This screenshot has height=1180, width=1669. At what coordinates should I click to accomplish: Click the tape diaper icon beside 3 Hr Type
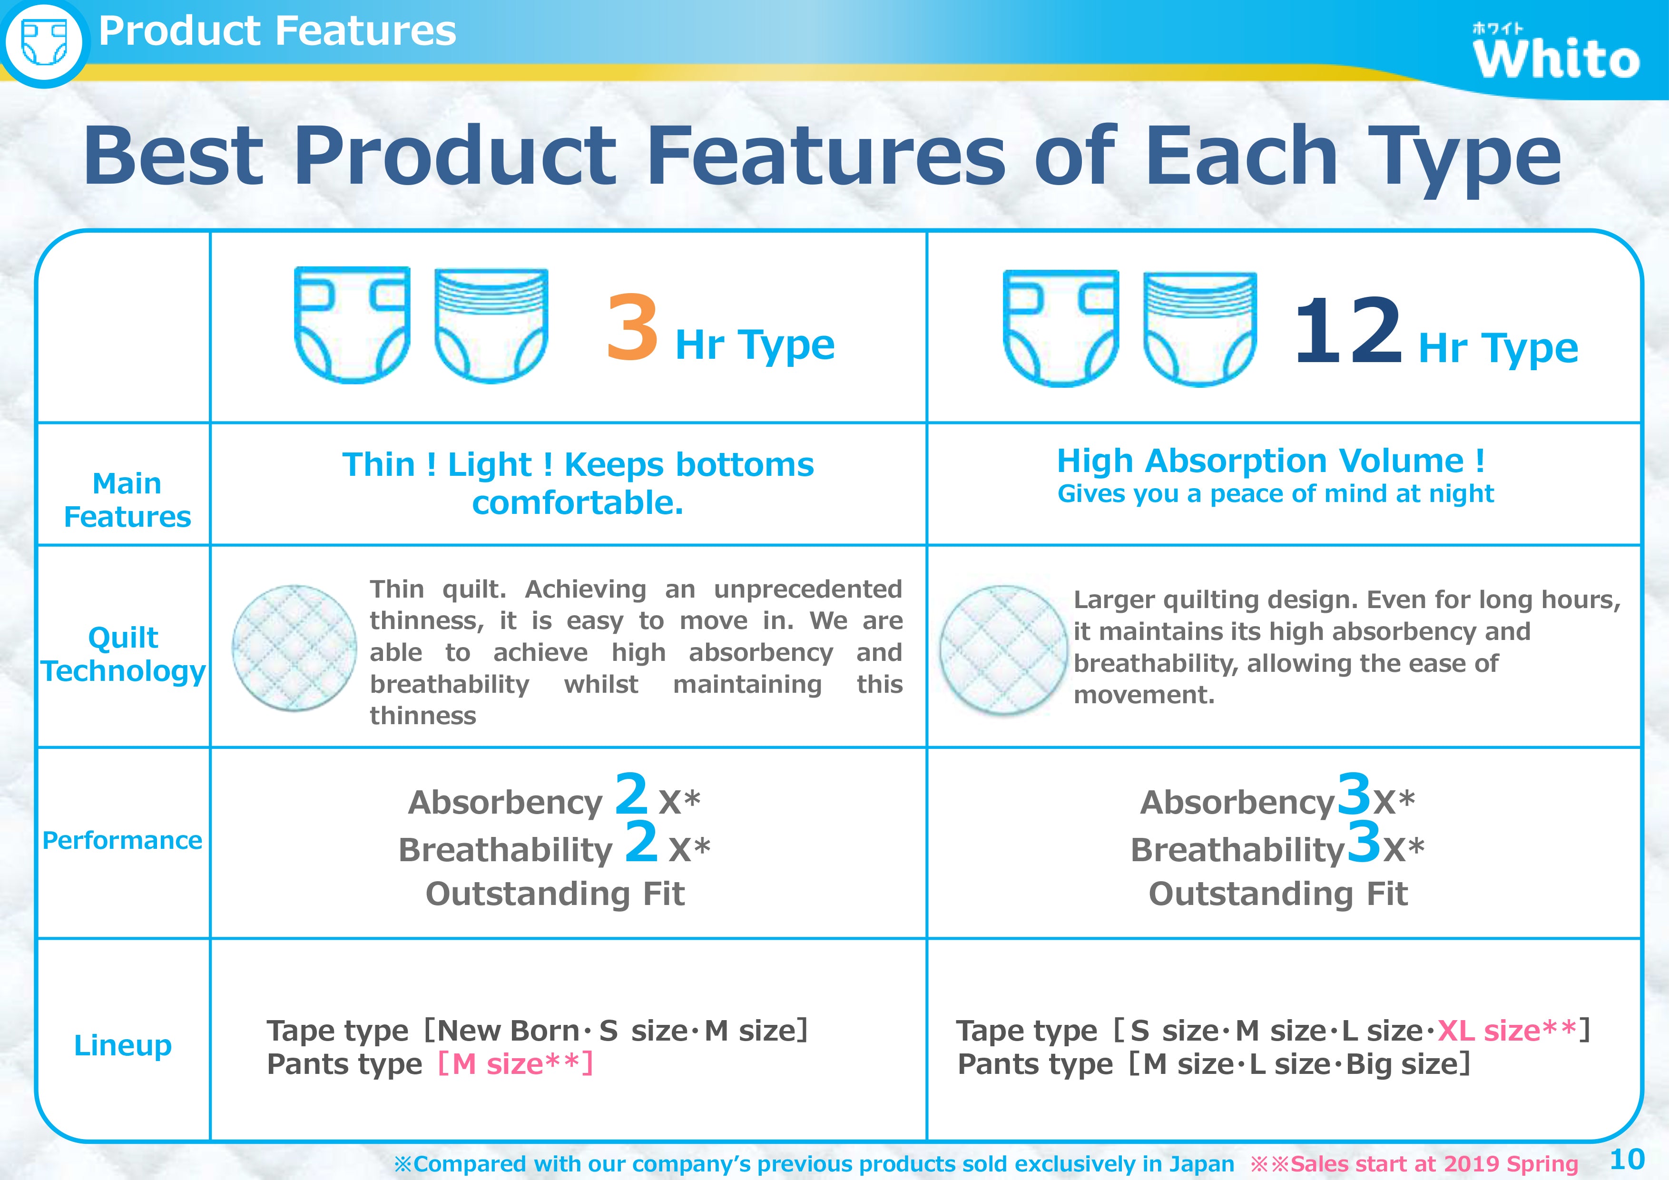(352, 324)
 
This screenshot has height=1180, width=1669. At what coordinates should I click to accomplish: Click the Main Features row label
(127, 500)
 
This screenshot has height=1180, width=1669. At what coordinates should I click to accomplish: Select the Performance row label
(122, 840)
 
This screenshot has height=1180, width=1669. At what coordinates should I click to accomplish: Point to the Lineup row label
(123, 1045)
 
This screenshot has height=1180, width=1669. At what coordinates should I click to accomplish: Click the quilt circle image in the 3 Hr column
(295, 648)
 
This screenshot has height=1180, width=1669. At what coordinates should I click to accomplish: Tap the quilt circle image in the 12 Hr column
(1003, 649)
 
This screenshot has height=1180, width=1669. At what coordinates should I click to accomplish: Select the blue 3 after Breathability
(1364, 841)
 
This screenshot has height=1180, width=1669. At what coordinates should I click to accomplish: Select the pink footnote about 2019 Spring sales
(1414, 1164)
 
